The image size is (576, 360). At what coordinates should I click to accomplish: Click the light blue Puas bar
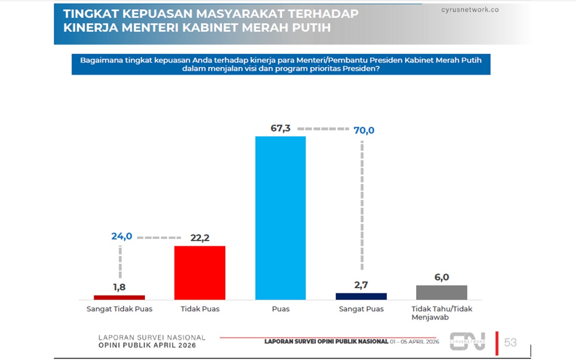280,218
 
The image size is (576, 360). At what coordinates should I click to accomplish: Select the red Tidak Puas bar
200,273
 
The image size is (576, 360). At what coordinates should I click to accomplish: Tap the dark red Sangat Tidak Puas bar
119,297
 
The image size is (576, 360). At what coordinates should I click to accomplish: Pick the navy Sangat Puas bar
361,296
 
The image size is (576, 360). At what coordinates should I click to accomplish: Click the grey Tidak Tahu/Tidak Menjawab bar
442,292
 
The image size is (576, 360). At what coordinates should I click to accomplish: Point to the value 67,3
281,129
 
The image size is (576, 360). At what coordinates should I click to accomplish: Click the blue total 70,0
364,130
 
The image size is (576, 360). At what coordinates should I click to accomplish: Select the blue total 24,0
121,236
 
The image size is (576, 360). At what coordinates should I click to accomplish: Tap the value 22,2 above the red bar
200,238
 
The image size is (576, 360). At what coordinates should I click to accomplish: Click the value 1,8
119,287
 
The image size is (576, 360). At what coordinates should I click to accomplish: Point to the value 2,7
361,285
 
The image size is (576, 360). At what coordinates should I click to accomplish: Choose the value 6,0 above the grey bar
442,277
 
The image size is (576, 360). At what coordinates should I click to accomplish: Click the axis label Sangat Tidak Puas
119,309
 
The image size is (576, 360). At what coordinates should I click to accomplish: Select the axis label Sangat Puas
361,309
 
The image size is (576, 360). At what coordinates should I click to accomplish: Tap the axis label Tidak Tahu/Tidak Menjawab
442,313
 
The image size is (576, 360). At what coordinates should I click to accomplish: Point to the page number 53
510,342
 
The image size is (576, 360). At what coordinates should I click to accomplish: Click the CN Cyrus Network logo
467,341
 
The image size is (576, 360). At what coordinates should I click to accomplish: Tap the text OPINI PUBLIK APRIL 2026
147,346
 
